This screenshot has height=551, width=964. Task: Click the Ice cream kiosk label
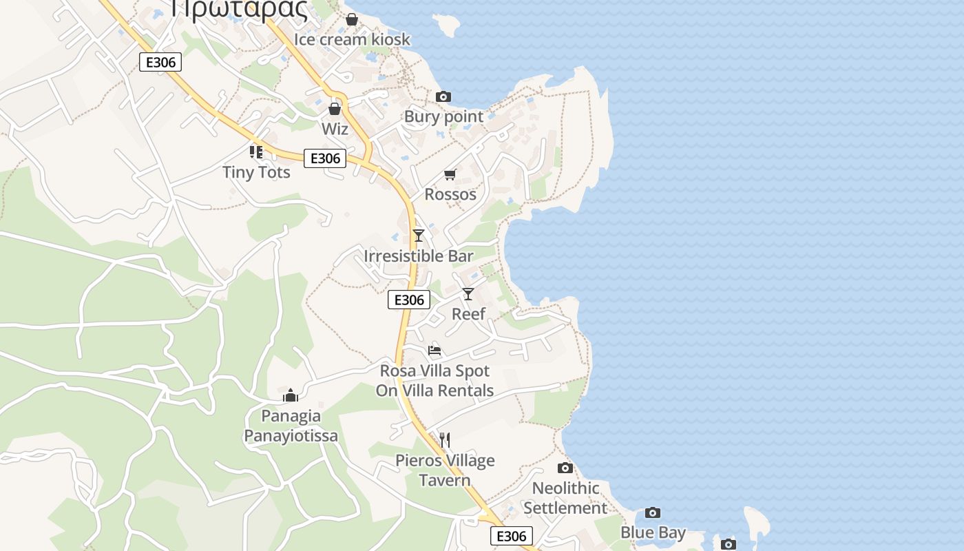352,39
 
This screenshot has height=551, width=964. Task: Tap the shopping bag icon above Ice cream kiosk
352,19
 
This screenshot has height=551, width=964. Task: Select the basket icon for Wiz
335,109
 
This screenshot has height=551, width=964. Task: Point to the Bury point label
443,116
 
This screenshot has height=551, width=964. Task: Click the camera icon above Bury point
443,96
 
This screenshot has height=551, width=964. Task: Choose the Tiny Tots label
256,171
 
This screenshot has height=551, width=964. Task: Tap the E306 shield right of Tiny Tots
325,158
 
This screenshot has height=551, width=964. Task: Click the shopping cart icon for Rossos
450,174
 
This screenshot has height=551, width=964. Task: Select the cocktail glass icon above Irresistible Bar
419,236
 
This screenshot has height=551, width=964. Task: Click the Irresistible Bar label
419,256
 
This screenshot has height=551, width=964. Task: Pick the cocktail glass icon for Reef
468,294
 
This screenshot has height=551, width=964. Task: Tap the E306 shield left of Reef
409,300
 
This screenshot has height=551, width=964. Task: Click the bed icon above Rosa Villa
434,351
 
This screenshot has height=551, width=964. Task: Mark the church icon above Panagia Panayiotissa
291,395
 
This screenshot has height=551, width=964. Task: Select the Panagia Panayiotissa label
291,426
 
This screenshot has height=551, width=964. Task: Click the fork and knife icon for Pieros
445,439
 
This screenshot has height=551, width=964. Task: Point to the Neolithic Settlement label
565,498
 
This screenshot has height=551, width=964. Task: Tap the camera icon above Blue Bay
653,512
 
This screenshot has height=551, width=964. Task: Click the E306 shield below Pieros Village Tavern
512,536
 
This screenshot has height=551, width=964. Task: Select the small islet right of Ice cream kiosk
448,25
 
